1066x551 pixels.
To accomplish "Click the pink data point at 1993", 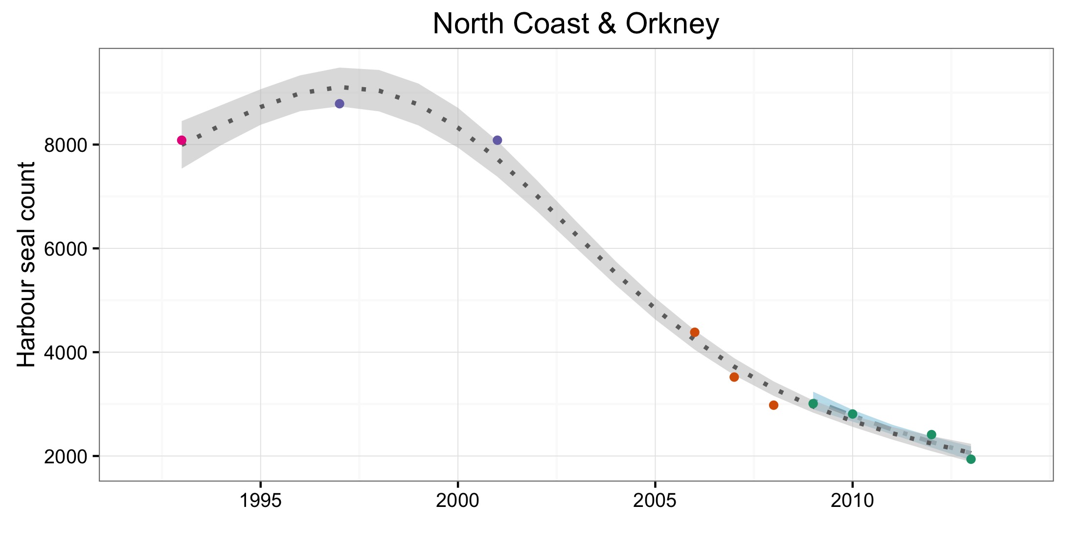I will point(181,141).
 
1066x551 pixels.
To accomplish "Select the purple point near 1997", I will point(340,104).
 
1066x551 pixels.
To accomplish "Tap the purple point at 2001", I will point(498,141).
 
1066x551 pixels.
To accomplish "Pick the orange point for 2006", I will point(695,333).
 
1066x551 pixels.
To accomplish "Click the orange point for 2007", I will point(734,377).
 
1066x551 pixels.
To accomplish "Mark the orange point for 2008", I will point(773,405).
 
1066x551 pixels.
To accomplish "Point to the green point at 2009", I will point(813,404).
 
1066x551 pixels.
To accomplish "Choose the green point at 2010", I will point(853,414).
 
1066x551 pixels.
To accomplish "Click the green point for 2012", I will point(931,435).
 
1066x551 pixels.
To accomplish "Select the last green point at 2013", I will point(971,459).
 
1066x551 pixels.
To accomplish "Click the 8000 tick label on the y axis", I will point(65,145).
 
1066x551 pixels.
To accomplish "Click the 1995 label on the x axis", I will point(261,501).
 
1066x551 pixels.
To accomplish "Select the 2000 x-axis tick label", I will point(458,501).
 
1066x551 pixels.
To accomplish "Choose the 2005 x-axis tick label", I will point(655,501).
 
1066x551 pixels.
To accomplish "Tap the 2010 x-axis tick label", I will point(853,501).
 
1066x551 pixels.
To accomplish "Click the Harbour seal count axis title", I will point(27,264).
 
